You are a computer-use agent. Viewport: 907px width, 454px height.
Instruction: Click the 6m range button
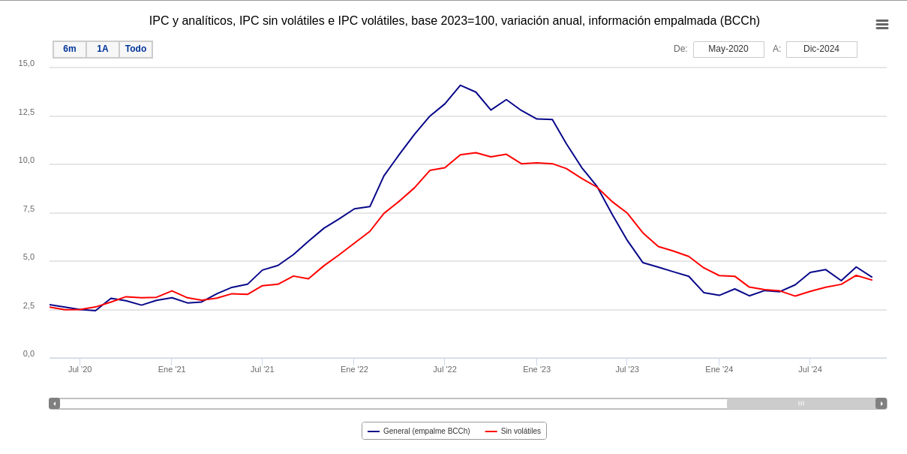click(70, 50)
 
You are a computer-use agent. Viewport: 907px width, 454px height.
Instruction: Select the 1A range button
click(103, 50)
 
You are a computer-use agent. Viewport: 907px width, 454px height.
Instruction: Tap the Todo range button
click(136, 50)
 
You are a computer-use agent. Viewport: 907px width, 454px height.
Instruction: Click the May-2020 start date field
click(728, 50)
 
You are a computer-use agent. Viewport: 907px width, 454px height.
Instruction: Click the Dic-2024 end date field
click(821, 50)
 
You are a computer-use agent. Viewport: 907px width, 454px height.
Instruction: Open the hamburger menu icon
click(882, 25)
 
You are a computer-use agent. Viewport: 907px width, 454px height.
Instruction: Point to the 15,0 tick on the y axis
click(26, 64)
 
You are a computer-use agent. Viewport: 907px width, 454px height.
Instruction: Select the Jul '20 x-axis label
click(80, 369)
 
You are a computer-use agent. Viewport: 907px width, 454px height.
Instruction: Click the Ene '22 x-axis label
click(354, 369)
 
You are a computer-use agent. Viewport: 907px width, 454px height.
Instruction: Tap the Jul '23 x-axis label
click(627, 369)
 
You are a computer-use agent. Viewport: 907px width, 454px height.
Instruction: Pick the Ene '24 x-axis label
click(719, 369)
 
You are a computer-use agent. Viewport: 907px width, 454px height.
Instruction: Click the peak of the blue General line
click(461, 86)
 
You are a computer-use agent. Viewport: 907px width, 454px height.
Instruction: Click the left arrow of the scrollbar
click(54, 404)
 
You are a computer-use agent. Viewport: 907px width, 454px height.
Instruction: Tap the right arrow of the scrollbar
click(881, 404)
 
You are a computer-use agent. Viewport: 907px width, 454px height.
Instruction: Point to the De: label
click(680, 50)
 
